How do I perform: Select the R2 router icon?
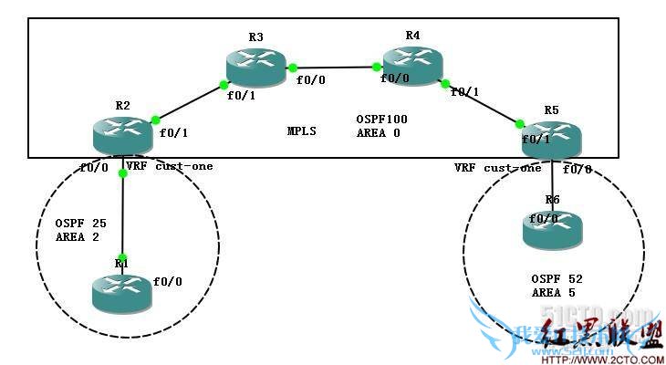[122, 135]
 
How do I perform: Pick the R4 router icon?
[412, 65]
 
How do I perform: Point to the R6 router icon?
[553, 228]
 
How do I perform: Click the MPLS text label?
[301, 131]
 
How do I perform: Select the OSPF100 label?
[382, 120]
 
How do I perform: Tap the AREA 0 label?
[378, 132]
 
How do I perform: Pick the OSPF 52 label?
[557, 279]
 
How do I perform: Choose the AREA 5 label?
[553, 293]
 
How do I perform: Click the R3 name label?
[255, 36]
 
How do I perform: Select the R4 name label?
[413, 35]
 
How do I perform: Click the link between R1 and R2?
[122, 214]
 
